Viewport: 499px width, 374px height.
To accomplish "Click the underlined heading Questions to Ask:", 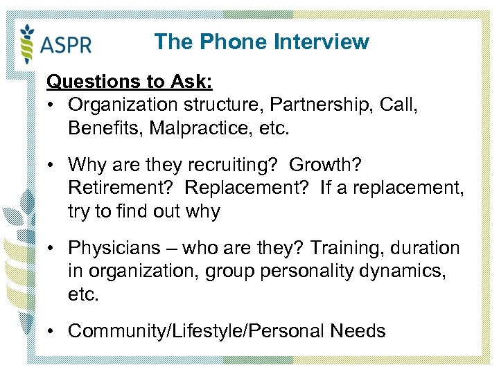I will click(130, 82).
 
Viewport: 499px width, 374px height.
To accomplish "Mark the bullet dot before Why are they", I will click(53, 166).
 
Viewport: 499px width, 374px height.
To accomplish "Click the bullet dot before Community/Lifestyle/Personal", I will click(53, 331).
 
